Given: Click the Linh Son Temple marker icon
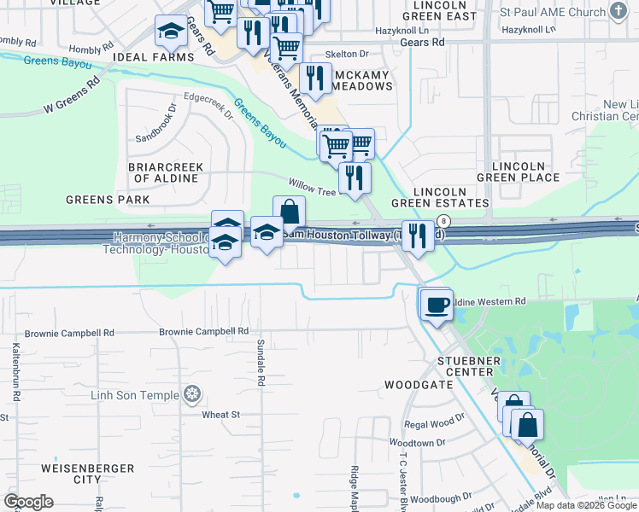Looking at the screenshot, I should click(193, 394).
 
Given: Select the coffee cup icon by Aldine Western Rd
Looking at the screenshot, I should click(437, 304).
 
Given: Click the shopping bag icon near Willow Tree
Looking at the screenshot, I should click(290, 211).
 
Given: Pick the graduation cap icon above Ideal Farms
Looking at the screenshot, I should click(171, 32).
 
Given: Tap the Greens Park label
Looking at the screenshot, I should click(108, 200).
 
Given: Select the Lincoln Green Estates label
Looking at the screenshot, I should click(440, 197).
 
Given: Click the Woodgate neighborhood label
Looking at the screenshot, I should click(419, 385).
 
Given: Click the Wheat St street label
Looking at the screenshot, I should click(221, 415).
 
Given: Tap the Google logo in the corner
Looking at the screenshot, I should click(28, 502).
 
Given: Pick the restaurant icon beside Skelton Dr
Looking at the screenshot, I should click(316, 79).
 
